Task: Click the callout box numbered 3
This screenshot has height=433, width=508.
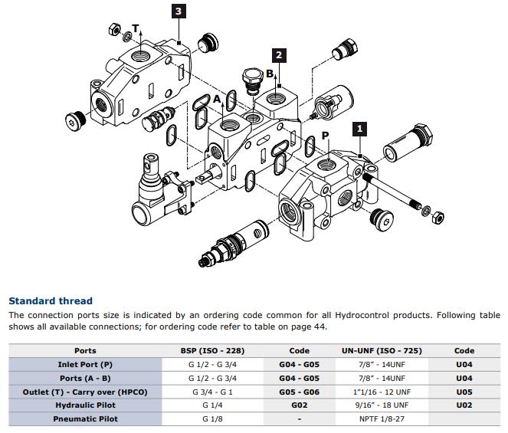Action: (178, 11)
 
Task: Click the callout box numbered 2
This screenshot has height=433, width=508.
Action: (280, 55)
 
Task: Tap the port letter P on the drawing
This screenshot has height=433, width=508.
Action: (325, 136)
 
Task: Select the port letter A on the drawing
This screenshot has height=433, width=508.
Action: (217, 100)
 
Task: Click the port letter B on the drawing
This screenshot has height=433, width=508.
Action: (269, 74)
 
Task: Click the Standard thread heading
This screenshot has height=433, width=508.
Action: (51, 301)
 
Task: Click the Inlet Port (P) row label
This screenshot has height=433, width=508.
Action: (85, 365)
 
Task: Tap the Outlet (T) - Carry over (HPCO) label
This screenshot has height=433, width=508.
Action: (85, 392)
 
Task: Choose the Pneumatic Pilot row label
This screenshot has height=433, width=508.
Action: (85, 419)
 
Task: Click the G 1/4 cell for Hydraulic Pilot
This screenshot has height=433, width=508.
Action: (212, 405)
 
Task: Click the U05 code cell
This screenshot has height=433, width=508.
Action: (464, 392)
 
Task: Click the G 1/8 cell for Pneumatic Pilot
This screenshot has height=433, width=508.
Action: (212, 419)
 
